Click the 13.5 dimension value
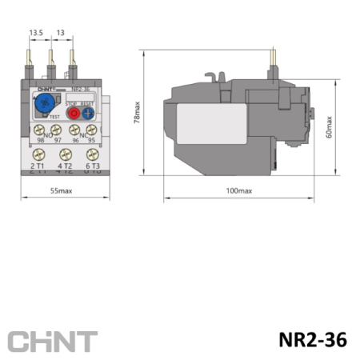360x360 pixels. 37,33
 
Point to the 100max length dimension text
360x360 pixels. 238,190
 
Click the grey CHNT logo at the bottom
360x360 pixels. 53,341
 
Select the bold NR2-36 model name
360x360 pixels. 314,339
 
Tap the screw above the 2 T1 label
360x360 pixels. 38,155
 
